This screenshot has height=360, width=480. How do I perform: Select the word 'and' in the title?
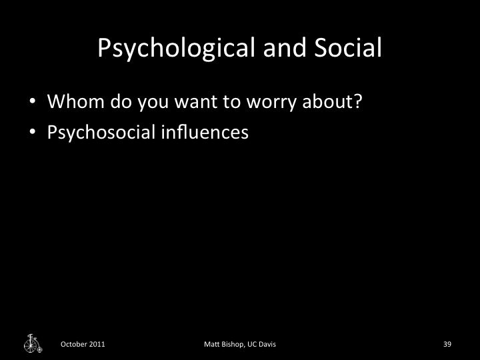279,48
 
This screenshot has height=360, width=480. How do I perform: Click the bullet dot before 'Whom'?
32,104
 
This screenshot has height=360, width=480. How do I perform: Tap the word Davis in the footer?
267,344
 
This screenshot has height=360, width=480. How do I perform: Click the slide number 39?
447,344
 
